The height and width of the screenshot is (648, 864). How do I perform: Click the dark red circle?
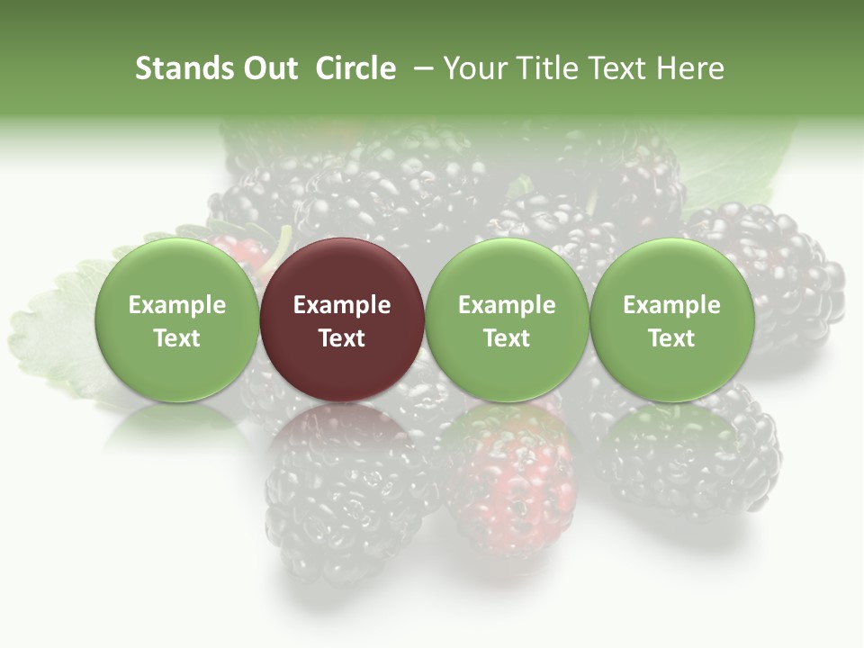[342, 319]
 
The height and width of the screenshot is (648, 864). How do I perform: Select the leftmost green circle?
[177, 319]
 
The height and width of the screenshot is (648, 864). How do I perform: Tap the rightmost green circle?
[671, 319]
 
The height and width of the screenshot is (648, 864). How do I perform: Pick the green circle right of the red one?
[507, 319]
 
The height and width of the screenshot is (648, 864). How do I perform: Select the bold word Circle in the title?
[355, 69]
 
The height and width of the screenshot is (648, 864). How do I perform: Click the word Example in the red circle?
[342, 305]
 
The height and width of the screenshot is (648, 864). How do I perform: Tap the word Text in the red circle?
[342, 338]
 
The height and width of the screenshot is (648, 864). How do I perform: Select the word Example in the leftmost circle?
[177, 305]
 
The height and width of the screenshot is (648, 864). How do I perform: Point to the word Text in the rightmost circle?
[671, 338]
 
